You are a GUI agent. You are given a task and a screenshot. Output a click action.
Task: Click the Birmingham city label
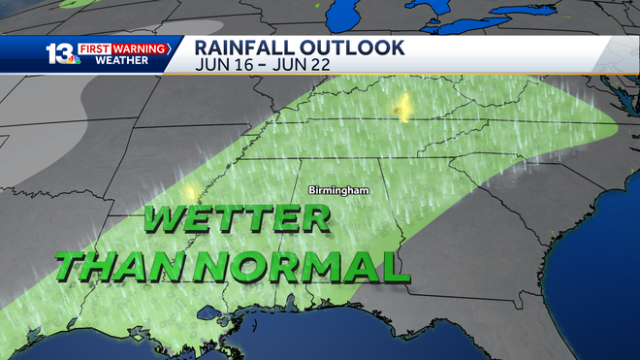[x=339, y=190]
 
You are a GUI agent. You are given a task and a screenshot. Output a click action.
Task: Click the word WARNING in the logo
[x=144, y=46]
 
